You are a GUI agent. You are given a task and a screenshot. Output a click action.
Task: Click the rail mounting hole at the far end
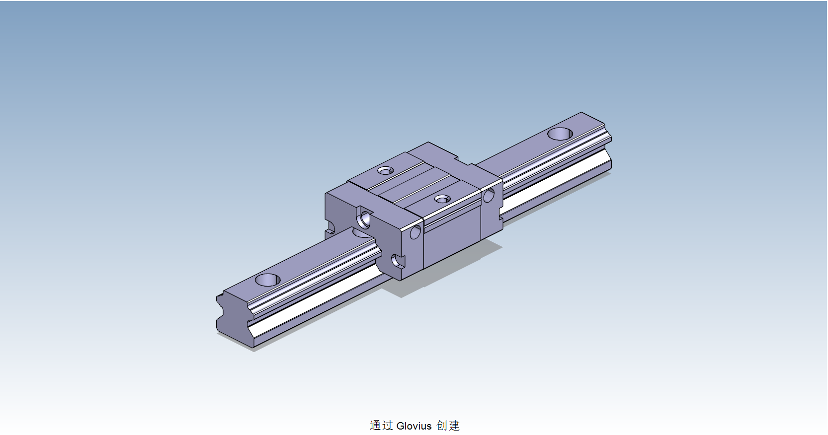561,134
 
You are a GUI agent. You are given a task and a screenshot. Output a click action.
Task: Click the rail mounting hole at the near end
267,280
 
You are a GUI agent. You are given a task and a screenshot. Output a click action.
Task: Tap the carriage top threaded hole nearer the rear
385,171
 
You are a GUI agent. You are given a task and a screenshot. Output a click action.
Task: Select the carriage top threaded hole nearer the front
442,199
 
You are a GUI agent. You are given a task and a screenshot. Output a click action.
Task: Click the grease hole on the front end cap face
365,218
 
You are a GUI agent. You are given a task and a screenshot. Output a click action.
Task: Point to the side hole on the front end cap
415,231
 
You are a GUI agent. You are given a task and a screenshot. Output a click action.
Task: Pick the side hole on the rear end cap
489,195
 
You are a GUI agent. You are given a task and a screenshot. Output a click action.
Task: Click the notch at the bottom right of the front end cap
398,262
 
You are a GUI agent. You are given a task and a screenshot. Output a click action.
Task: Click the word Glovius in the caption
414,426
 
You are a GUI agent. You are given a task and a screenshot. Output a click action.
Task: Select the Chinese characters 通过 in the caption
381,426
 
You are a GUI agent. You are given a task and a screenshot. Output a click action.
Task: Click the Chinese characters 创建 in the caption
448,426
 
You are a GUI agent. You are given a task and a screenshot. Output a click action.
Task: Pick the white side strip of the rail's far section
557,184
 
